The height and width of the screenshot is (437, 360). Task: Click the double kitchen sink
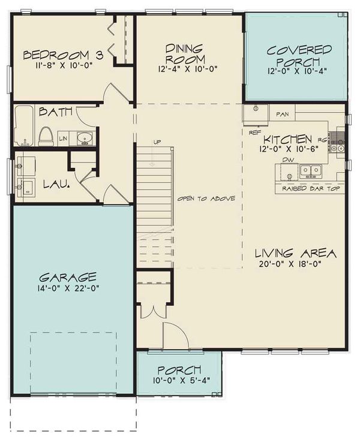point(310,171)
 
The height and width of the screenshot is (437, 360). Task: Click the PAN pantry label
point(283,113)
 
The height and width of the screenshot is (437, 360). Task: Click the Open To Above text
point(206,199)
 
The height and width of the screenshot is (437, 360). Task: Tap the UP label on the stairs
point(158,142)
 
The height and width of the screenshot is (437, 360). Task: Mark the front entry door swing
point(175,336)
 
